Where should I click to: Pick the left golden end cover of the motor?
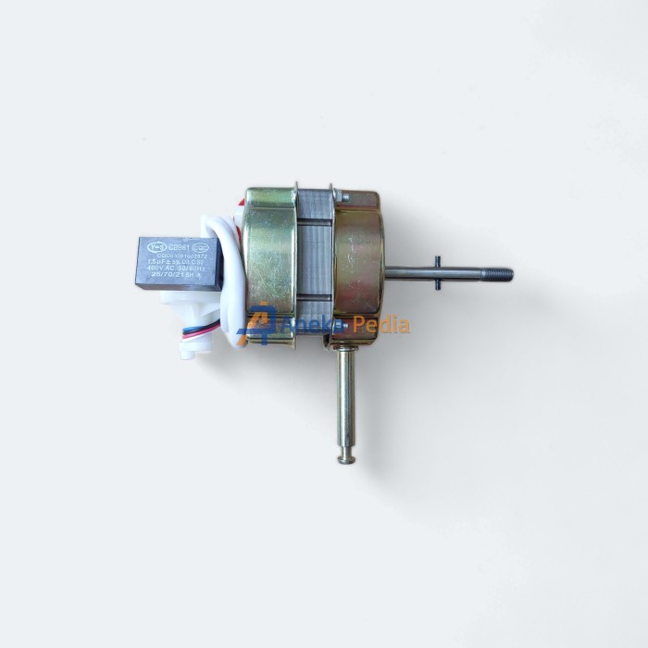(269, 264)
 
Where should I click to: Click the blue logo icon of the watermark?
(255, 324)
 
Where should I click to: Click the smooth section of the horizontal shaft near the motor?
(407, 273)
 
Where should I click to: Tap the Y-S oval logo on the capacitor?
(156, 247)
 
